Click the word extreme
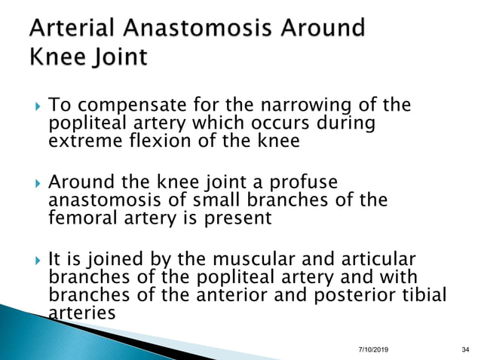coord(80,141)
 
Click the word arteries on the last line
coord(81,311)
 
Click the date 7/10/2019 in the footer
coord(373,349)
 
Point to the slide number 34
coord(464,349)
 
